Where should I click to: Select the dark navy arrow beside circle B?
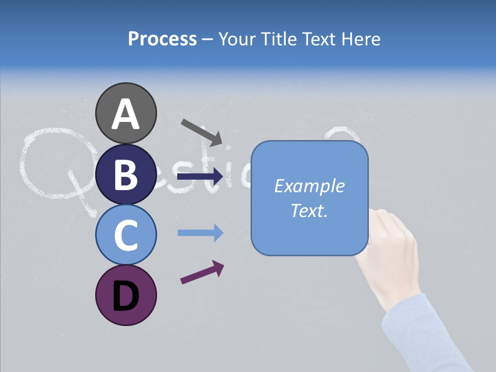click(x=200, y=177)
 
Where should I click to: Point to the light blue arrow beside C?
click(x=200, y=233)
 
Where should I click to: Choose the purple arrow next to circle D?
click(x=202, y=272)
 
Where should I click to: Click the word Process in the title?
click(x=162, y=39)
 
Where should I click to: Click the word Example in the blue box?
click(x=309, y=186)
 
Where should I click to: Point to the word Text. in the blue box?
click(x=309, y=211)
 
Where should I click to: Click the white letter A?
click(x=126, y=115)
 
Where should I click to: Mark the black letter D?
click(x=126, y=297)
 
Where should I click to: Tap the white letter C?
click(x=126, y=236)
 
